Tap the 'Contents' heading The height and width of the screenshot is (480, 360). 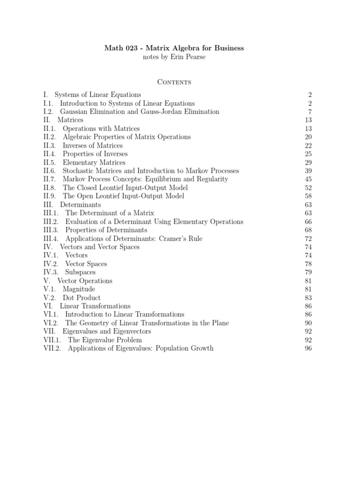point(174,82)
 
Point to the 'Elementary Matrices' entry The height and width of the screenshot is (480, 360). point(94,162)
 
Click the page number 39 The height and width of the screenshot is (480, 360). point(308,171)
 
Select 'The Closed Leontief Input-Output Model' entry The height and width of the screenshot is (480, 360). point(125,187)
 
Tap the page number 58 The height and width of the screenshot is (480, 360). point(308,196)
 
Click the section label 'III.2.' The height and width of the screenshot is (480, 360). point(51,221)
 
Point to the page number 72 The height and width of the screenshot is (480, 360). point(308,238)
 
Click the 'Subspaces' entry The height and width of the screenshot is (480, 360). point(80,272)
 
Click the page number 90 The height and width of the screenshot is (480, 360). point(308,322)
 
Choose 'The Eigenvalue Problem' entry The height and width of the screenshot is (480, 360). point(105,339)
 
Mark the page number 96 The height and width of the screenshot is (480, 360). point(308,348)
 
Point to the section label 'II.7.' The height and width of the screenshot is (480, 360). point(49,179)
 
